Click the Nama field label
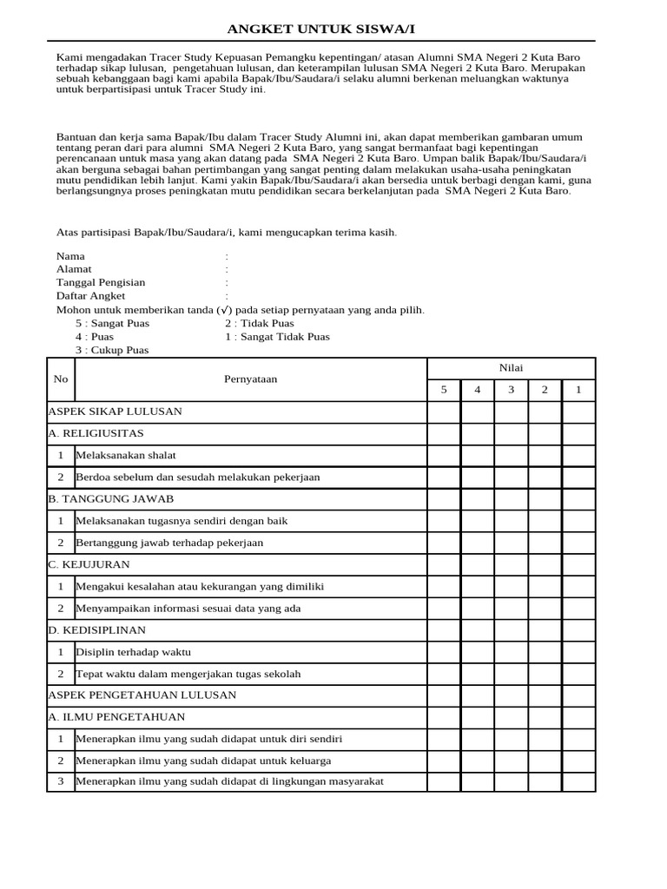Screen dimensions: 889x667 tap(70, 256)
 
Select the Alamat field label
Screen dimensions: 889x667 tap(74, 269)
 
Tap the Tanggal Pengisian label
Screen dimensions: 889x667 tap(101, 282)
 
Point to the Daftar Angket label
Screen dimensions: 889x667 tap(90, 296)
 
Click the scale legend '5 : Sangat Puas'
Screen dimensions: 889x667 tap(112, 323)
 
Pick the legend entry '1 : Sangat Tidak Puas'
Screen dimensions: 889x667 tap(277, 337)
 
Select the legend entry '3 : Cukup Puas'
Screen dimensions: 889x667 tap(112, 350)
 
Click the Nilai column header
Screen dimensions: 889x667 tap(511, 368)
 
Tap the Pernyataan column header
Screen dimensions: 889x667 tap(250, 379)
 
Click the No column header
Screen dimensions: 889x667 tap(60, 379)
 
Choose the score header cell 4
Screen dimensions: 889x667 tap(477, 390)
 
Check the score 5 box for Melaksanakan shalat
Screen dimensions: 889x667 tap(443, 455)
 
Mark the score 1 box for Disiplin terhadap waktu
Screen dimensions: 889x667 tap(578, 651)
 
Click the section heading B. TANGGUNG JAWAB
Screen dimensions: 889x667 tap(110, 498)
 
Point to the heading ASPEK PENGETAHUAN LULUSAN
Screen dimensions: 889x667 tap(142, 695)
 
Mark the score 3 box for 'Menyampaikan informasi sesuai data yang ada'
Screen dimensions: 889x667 tap(511, 608)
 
